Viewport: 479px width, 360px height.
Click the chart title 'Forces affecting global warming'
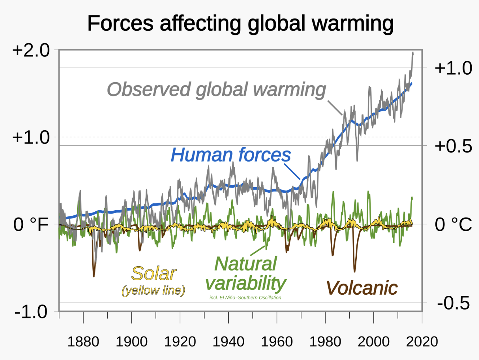(240, 24)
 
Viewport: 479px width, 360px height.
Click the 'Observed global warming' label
(216, 89)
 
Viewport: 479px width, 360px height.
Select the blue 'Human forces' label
(231, 155)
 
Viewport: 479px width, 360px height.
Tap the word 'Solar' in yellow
(154, 273)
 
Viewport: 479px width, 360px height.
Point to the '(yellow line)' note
(153, 290)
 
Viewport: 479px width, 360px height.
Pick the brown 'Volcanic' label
(361, 288)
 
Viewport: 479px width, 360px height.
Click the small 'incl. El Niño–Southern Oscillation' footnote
(245, 298)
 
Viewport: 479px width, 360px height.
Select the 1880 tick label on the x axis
(83, 342)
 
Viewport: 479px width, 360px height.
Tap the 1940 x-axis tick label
(228, 342)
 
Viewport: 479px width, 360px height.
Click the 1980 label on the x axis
(325, 342)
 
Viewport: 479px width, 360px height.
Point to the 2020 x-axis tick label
(422, 342)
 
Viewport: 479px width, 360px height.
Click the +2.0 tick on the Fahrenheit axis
(31, 50)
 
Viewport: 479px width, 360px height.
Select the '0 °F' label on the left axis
(31, 224)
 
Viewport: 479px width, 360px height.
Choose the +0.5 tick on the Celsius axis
(453, 146)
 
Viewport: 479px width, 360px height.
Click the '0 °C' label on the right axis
(453, 224)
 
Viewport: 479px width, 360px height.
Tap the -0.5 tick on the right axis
(453, 303)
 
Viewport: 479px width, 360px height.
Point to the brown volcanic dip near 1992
(355, 270)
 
